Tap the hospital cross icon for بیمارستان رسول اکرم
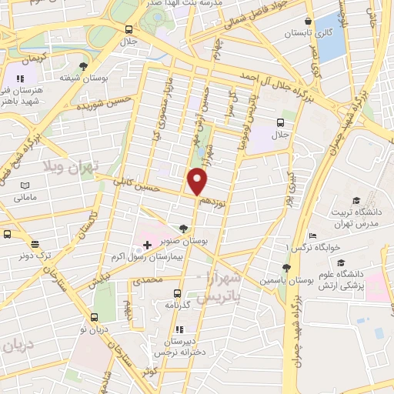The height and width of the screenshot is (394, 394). click(147, 244)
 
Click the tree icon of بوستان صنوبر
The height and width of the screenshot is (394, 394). click(182, 229)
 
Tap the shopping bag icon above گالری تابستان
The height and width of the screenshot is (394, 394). click(308, 22)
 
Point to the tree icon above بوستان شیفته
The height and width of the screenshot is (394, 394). click(82, 67)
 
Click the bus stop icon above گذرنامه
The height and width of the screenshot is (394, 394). click(177, 293)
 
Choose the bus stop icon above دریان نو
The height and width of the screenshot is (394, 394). click(94, 316)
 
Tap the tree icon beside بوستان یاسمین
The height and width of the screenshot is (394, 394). click(286, 268)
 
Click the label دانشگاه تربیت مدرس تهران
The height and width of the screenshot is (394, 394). click(354, 217)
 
